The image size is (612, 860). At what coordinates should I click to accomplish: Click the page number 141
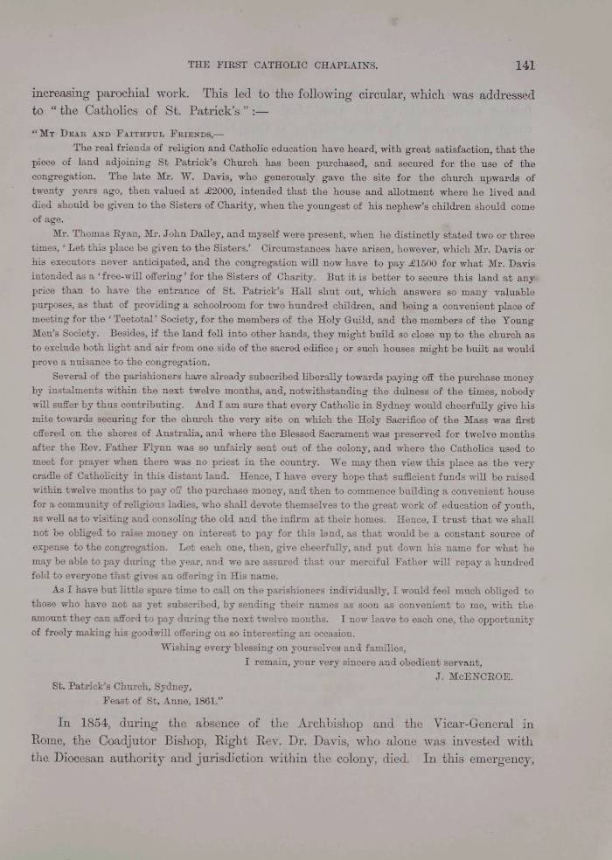point(525,65)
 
